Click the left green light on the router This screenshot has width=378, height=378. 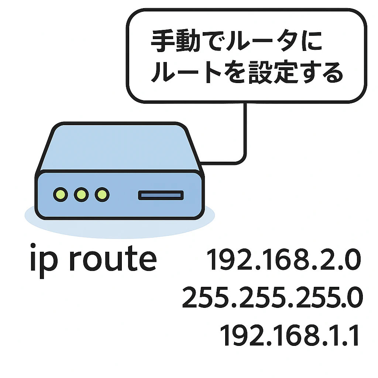61,194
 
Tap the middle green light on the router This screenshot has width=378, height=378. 81,194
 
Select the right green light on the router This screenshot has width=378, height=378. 102,194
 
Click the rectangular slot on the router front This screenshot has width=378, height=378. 161,195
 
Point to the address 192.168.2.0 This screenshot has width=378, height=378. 284,260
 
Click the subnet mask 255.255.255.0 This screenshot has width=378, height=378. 272,297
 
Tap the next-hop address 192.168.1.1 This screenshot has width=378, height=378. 289,335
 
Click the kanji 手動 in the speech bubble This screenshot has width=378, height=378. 175,41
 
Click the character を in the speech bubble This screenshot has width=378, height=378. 235,72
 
